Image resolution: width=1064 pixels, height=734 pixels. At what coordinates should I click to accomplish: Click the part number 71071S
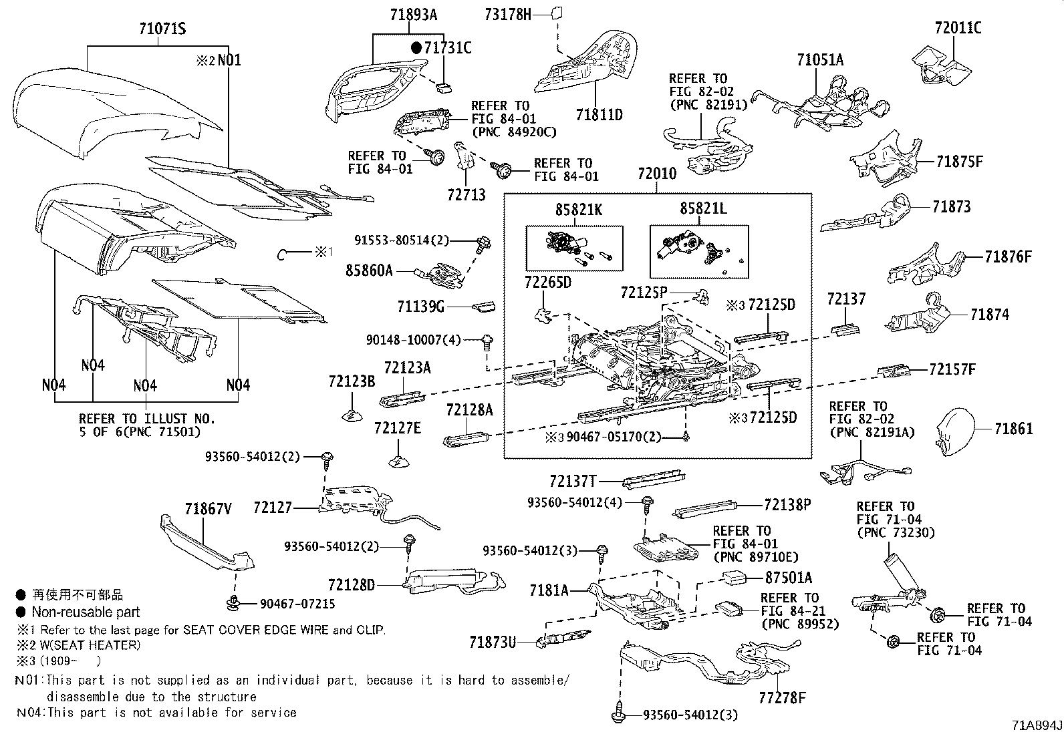(x=162, y=29)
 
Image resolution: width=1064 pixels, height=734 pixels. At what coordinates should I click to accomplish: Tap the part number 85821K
(x=578, y=210)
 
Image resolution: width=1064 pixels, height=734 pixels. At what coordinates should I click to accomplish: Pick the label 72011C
(x=958, y=28)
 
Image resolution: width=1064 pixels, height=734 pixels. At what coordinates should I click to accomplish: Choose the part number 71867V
(x=208, y=510)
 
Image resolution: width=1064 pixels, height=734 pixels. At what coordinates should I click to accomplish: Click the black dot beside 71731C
(x=416, y=47)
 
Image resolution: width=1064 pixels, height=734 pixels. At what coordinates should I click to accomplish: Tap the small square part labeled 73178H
(x=557, y=13)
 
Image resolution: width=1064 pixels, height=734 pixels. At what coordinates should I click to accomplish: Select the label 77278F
(x=782, y=699)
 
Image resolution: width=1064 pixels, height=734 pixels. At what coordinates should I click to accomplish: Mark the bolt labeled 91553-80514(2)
(x=481, y=243)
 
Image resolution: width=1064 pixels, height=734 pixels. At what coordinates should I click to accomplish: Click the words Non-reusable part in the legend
(x=86, y=612)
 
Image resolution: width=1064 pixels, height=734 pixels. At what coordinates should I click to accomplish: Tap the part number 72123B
(x=352, y=381)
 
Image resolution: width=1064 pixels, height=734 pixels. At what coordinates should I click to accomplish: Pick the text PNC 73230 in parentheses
(x=896, y=533)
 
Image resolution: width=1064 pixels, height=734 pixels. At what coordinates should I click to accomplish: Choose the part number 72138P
(x=787, y=506)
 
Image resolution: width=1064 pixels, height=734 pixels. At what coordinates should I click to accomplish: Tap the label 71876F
(x=1009, y=256)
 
